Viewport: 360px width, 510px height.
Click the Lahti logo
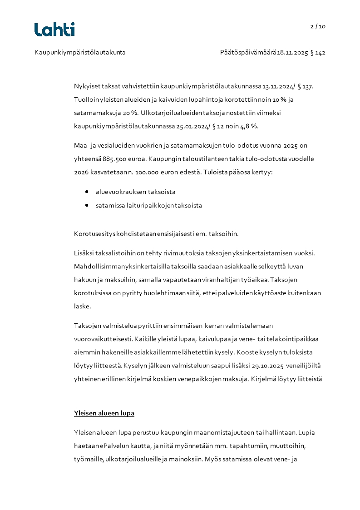(x=54, y=30)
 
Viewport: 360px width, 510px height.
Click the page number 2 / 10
(x=318, y=26)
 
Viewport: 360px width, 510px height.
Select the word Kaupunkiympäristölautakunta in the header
(x=80, y=53)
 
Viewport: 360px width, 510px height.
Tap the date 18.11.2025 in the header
(x=293, y=53)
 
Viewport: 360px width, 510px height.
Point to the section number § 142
(x=318, y=53)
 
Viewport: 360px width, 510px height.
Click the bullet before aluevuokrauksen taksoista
(x=86, y=192)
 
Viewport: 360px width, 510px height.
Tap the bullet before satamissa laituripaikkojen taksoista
(x=86, y=205)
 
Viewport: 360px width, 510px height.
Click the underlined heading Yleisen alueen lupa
(x=104, y=414)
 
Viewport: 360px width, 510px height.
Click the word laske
(x=83, y=307)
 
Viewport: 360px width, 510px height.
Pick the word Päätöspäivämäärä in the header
(x=248, y=53)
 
